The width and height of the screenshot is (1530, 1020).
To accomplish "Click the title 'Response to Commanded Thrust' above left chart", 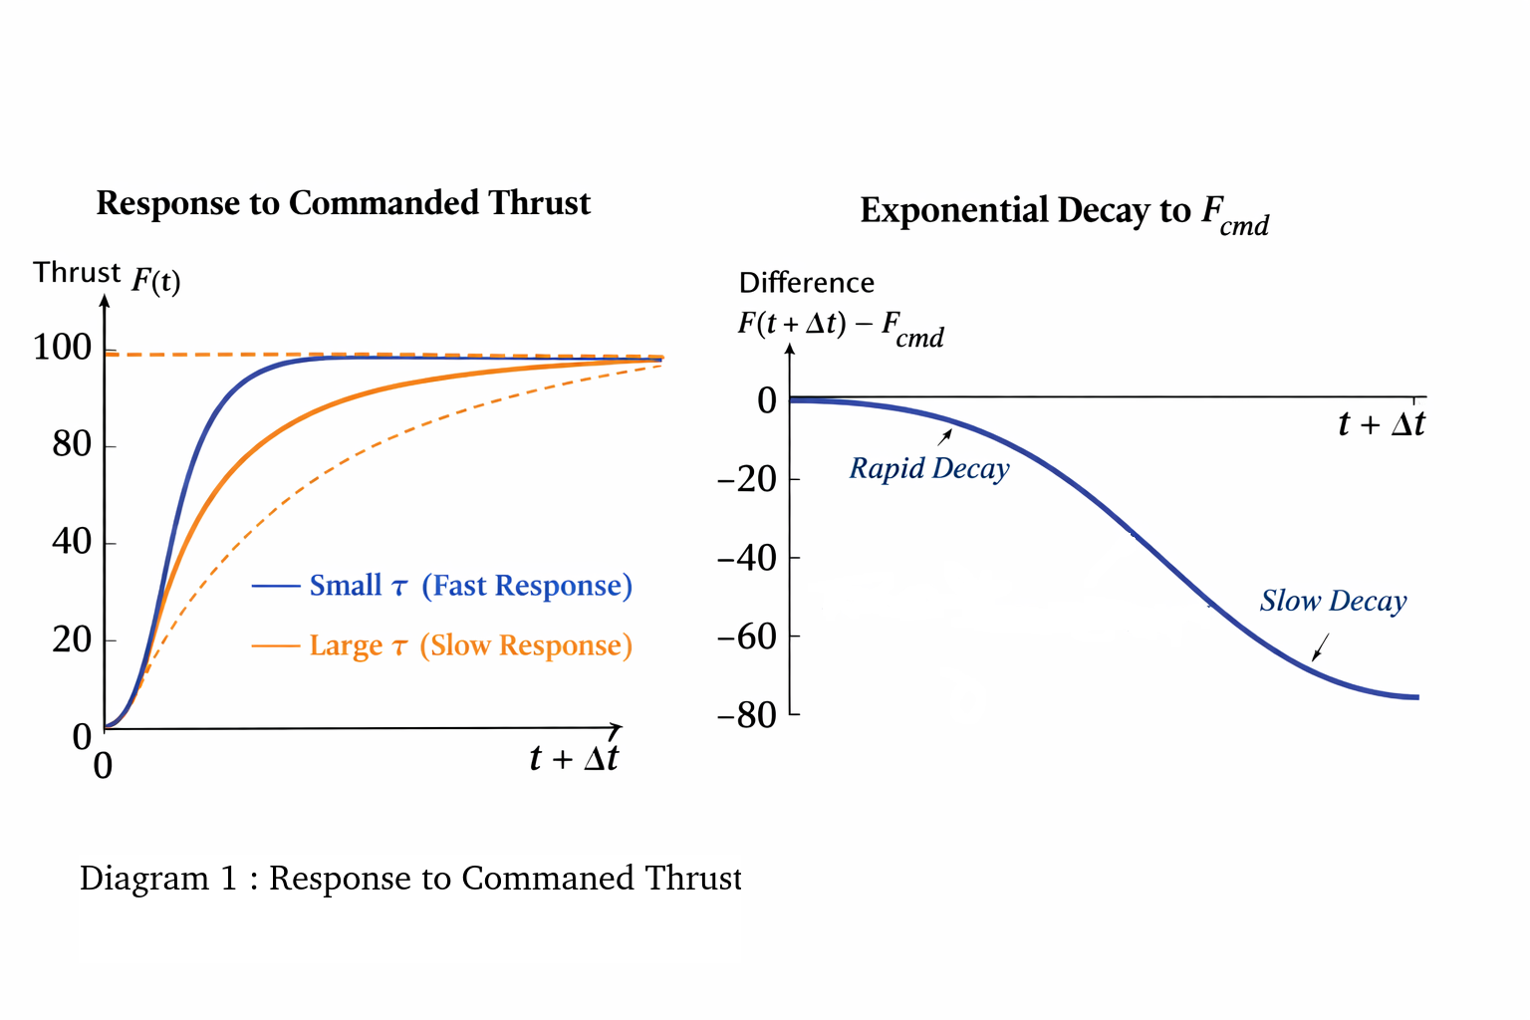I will [343, 203].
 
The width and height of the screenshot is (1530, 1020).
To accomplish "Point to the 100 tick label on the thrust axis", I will [62, 348].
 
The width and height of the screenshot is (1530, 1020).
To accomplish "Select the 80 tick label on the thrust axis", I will [72, 444].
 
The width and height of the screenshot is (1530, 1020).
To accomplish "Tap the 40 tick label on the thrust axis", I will [72, 542].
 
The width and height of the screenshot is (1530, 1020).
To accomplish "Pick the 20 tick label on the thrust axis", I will [72, 639].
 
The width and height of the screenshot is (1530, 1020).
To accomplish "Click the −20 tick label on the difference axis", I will [746, 479].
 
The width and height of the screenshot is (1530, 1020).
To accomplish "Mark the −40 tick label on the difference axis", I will [746, 558].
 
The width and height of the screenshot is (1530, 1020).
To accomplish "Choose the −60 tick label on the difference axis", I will [746, 637].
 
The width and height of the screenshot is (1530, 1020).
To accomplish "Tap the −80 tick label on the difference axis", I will [746, 715].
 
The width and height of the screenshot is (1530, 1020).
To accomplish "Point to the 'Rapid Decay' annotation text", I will [928, 468].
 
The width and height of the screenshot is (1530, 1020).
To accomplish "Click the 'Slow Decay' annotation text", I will [1333, 601].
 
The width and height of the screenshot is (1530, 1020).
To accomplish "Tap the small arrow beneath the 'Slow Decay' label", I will [1321, 647].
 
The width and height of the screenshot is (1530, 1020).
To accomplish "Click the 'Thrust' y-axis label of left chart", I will [77, 273].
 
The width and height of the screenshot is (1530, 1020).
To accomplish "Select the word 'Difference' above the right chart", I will [806, 283].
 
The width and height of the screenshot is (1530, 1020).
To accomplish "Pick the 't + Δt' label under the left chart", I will [574, 759].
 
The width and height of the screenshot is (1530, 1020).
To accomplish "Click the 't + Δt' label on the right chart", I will [1381, 424].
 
